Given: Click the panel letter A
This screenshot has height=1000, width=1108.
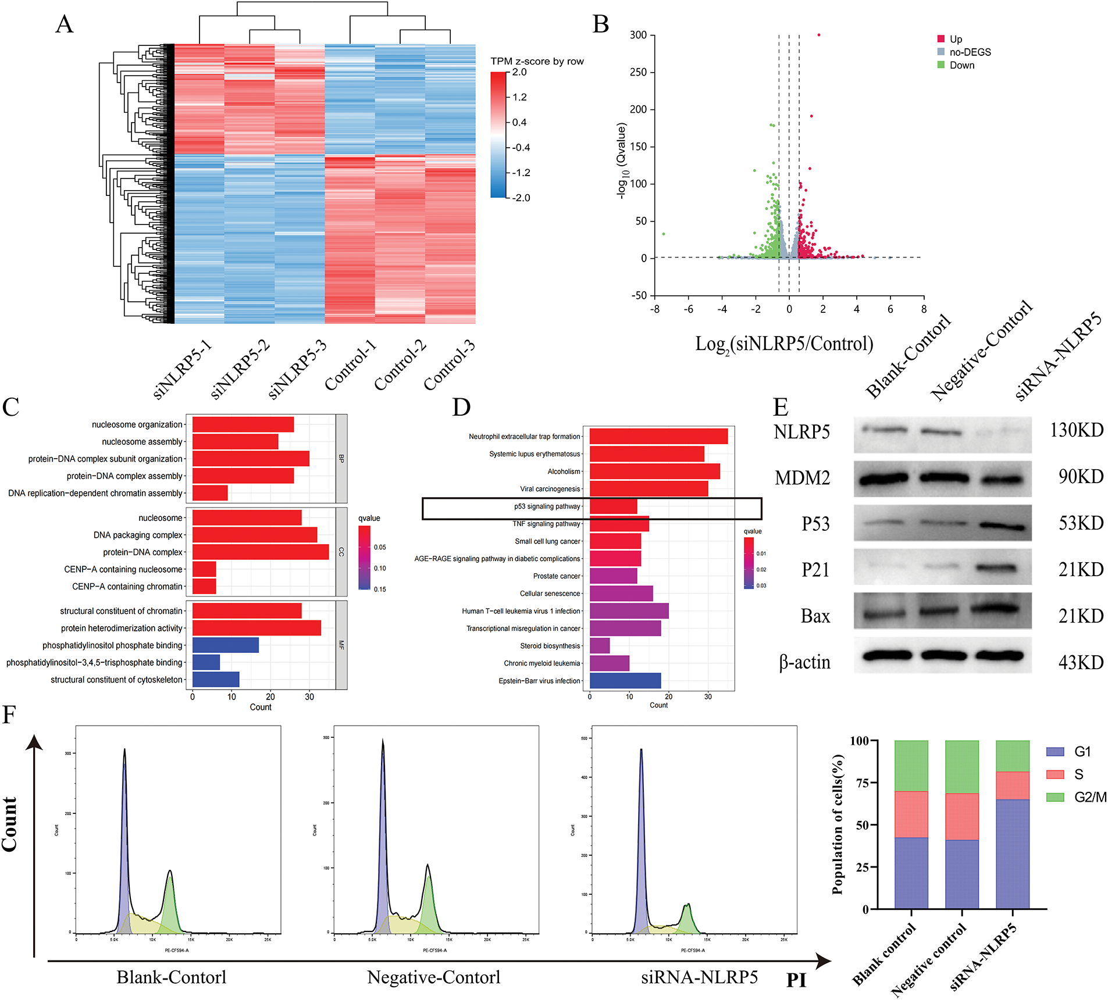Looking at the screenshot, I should coord(65,25).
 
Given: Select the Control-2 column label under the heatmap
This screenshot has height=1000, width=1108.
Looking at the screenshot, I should coord(401,365).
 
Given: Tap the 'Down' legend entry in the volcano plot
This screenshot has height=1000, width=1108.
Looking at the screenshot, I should coord(961,65).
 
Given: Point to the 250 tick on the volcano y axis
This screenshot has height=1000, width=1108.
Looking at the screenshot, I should coord(638,72).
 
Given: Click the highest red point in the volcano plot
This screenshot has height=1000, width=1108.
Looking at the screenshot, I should coord(819,35).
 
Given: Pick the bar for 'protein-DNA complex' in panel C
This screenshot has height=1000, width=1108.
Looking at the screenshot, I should coord(261,552).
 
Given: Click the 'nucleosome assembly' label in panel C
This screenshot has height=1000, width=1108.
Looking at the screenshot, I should coord(142,442).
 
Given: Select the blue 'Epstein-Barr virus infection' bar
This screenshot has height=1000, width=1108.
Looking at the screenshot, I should coord(625,680).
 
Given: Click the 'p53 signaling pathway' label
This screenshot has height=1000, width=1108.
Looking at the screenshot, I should coord(547,506).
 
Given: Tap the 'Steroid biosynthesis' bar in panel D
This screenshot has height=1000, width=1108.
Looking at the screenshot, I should coord(600,645).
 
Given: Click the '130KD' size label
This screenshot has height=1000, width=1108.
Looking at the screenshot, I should coord(1077,430).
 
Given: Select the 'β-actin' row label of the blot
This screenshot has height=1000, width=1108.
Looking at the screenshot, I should coord(804,662).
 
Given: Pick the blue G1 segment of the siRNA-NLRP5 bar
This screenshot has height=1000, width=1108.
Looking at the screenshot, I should coord(1013,853).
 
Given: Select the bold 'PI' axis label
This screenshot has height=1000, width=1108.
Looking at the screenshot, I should coord(796,980).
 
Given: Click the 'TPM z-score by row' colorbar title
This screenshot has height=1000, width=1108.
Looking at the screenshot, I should coord(537,61).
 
